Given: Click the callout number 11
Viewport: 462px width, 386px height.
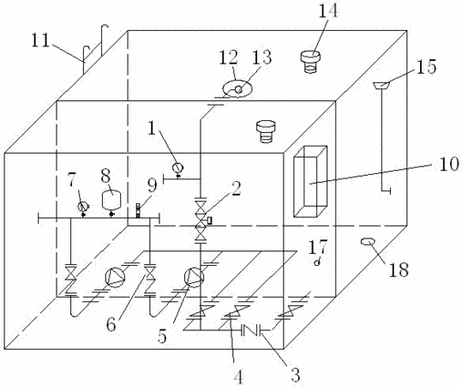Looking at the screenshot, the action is tap(40, 40).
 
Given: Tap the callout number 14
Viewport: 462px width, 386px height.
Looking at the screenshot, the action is tap(328, 11).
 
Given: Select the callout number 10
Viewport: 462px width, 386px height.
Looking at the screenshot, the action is tap(449, 164).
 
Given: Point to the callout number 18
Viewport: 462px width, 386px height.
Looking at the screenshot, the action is tap(399, 269).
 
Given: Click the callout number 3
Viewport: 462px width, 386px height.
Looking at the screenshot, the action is tap(295, 375).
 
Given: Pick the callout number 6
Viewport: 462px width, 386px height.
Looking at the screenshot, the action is tap(111, 324).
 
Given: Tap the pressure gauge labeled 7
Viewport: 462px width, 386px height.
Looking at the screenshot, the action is tap(83, 208).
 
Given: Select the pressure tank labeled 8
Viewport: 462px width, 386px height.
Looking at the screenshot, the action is tap(111, 201).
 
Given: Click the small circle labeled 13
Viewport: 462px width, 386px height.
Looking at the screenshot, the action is tap(239, 89).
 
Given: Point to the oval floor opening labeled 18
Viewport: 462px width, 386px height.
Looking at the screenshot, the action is tap(368, 242).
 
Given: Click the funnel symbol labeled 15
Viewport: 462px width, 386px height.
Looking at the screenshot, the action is tap(381, 85).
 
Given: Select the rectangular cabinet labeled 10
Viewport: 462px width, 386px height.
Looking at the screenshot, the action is tap(310, 182).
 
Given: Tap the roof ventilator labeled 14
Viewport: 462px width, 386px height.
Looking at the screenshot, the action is tap(310, 62).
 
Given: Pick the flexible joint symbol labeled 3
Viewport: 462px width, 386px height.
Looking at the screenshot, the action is tap(251, 330).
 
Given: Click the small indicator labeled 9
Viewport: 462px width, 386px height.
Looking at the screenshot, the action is tap(138, 210).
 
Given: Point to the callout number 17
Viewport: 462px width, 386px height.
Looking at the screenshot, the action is tap(318, 247).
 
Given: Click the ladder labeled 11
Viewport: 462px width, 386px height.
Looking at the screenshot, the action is tap(96, 50).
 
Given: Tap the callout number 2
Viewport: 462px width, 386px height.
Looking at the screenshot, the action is tap(236, 189).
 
